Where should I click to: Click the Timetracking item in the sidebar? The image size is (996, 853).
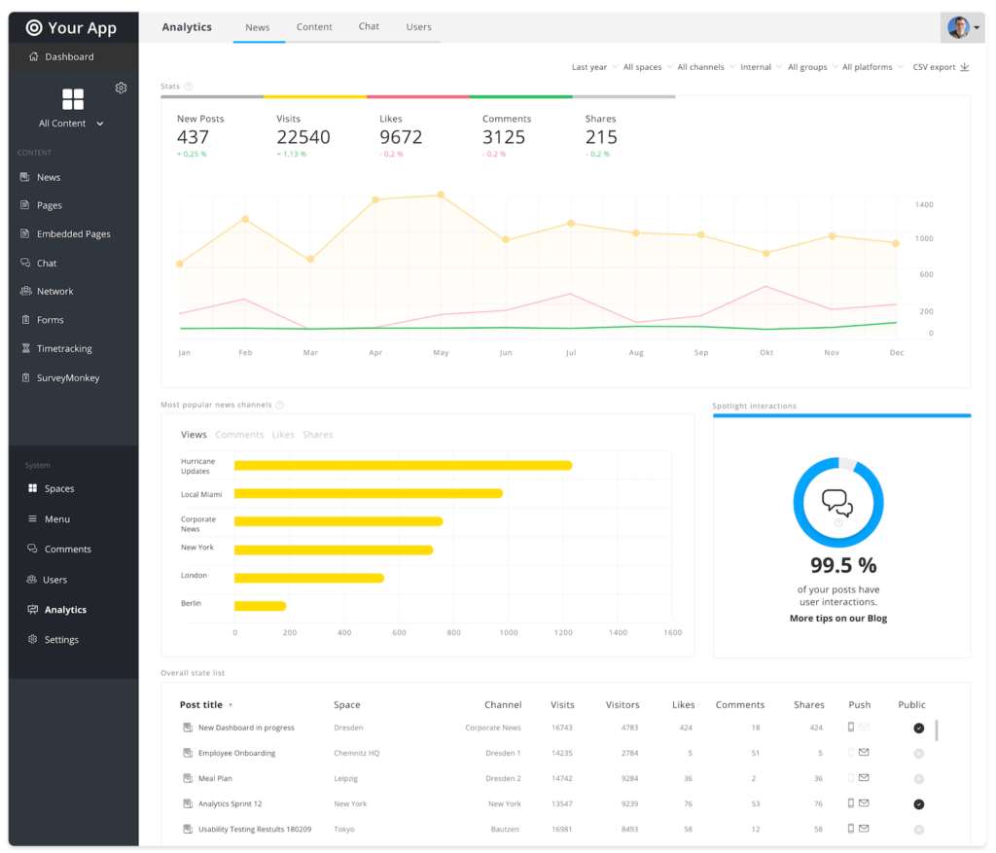[63, 348]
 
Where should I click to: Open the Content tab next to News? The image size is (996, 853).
[314, 27]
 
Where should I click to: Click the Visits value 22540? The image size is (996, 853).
[302, 137]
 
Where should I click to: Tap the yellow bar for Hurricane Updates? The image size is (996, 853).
[403, 465]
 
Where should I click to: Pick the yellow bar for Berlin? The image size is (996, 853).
[260, 606]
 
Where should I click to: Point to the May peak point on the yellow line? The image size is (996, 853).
[441, 195]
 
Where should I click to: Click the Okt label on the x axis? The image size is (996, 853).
[766, 352]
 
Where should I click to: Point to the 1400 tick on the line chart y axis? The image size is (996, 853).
[923, 204]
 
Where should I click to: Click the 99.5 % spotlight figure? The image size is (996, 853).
[842, 565]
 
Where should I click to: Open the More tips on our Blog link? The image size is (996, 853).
[837, 619]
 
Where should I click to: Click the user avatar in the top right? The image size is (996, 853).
[959, 27]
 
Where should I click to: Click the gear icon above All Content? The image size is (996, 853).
[121, 88]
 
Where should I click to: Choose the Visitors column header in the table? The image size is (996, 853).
[622, 705]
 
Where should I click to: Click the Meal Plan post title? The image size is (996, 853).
[215, 778]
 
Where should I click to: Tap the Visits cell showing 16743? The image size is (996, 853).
[561, 728]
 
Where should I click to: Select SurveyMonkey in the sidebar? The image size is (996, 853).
[67, 377]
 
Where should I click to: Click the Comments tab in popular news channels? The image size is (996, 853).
[239, 435]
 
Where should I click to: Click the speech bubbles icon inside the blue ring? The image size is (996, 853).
[837, 502]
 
